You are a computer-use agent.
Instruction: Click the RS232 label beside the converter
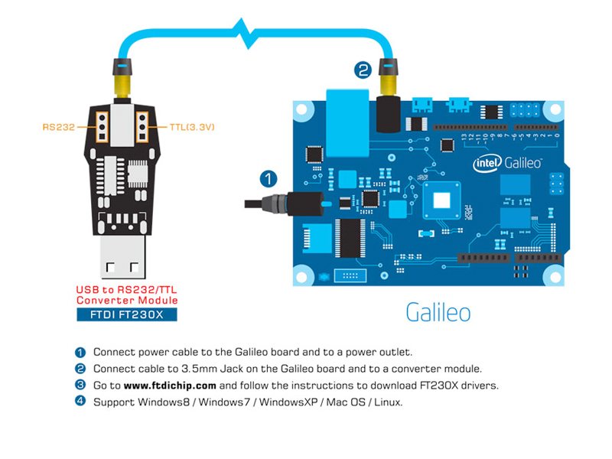pyautogui.click(x=59, y=127)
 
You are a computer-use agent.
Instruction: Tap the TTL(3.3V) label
pyautogui.click(x=187, y=127)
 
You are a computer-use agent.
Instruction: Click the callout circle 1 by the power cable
pyautogui.click(x=268, y=179)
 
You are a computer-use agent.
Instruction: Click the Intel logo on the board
pyautogui.click(x=487, y=163)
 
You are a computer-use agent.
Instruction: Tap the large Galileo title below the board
pyautogui.click(x=438, y=312)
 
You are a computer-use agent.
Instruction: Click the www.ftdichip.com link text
pyautogui.click(x=170, y=385)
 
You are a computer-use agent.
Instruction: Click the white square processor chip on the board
pyautogui.click(x=442, y=200)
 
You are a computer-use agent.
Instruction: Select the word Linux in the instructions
pyautogui.click(x=386, y=401)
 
